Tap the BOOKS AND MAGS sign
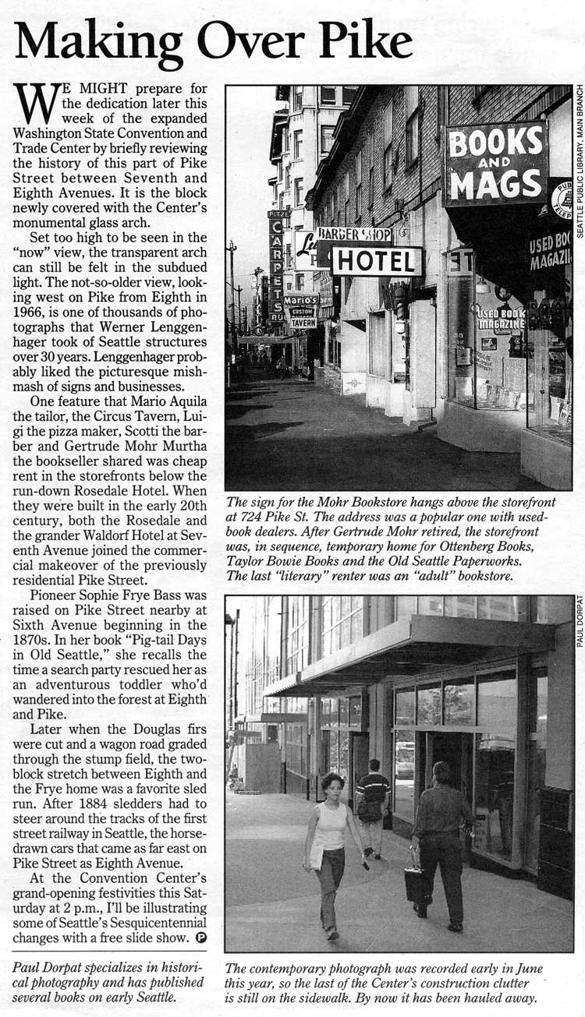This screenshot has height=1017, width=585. (x=496, y=164)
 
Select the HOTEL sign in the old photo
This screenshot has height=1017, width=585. (x=377, y=261)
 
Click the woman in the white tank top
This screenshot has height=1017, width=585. (x=331, y=850)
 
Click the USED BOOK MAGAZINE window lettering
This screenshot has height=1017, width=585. (x=500, y=317)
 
